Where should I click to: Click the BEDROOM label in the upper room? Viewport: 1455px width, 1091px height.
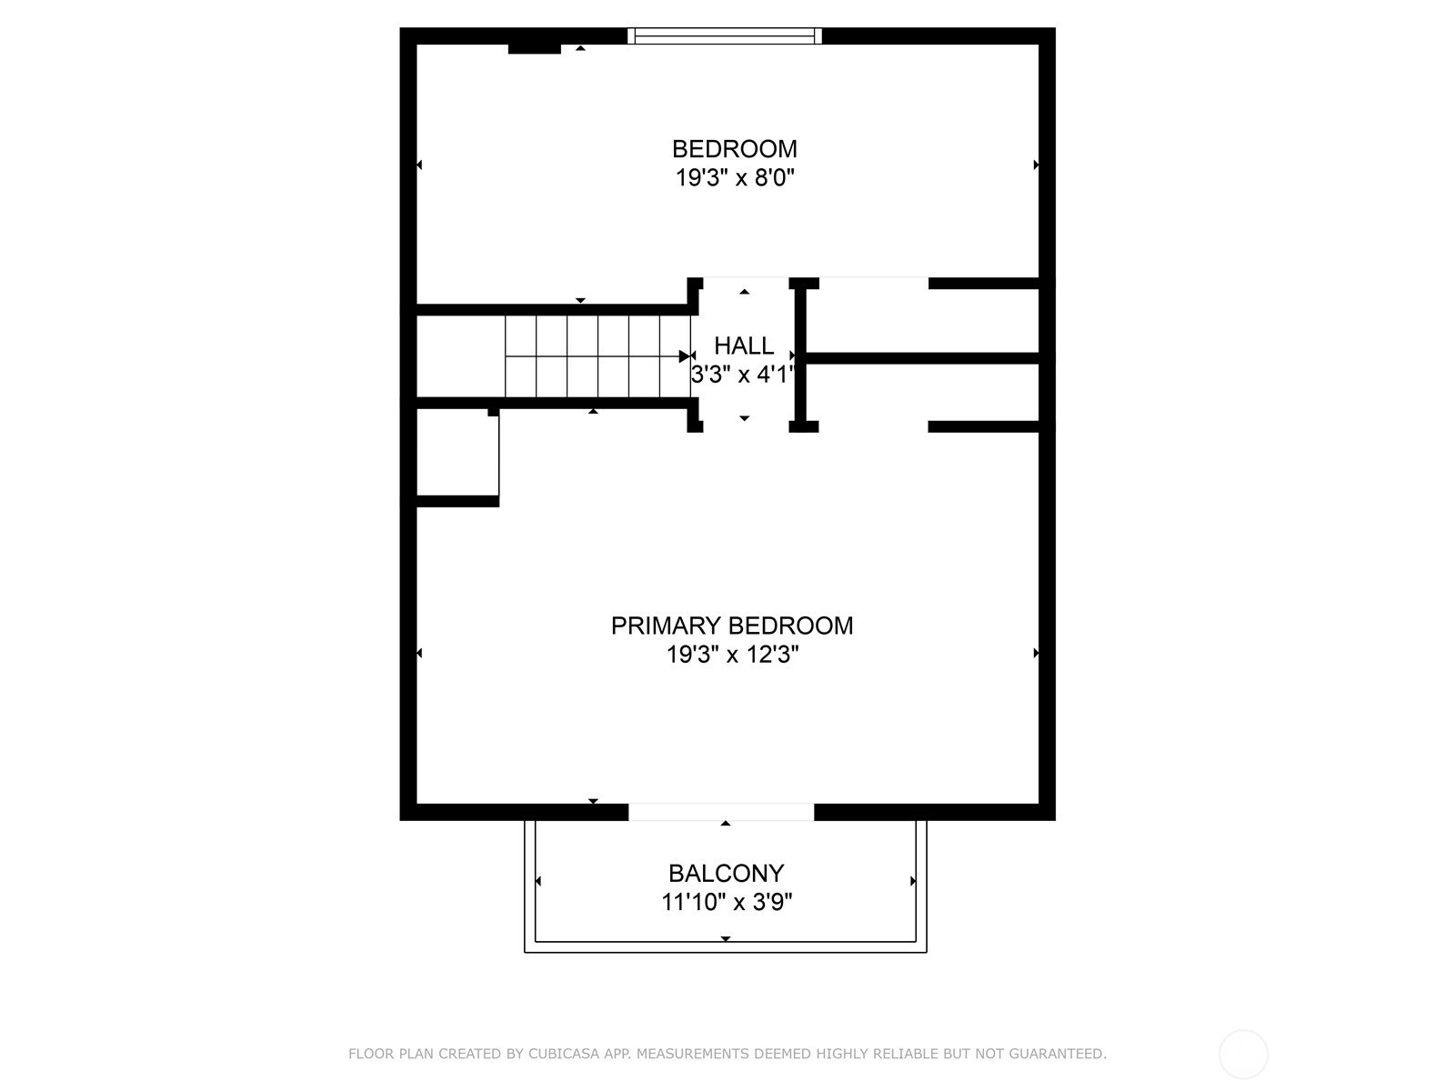click(734, 149)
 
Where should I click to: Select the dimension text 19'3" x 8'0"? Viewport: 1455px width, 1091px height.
click(735, 178)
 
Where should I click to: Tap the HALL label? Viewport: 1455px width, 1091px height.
click(744, 345)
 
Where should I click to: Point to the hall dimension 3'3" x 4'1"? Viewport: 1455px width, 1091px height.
click(742, 375)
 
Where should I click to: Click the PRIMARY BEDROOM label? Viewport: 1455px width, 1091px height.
click(732, 626)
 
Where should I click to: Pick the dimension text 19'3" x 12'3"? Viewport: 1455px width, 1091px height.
click(732, 656)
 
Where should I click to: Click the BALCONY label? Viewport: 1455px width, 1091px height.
click(726, 874)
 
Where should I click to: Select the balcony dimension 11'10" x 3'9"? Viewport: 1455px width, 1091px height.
click(727, 902)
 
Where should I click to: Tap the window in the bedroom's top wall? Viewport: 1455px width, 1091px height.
click(725, 35)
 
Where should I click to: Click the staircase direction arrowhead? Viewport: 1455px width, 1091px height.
click(685, 356)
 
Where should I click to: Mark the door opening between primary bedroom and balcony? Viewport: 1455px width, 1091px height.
click(721, 812)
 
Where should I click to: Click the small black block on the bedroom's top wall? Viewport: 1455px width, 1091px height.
click(535, 48)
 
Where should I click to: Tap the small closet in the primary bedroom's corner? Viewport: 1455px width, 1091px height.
click(457, 453)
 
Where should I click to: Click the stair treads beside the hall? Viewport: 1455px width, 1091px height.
click(597, 356)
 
